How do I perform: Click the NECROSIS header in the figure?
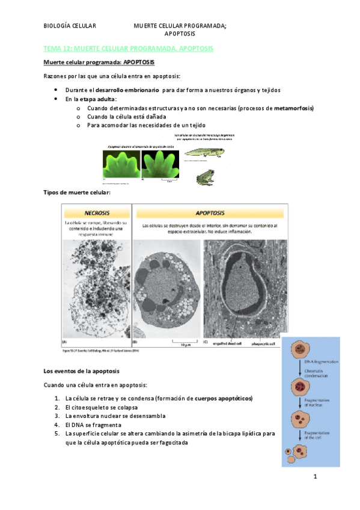click(97, 212)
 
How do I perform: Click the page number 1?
click(314, 477)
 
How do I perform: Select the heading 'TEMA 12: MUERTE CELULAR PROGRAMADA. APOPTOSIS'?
click(129, 48)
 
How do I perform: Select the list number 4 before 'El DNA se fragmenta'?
click(56, 424)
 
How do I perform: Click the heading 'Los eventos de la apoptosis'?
click(82, 371)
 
